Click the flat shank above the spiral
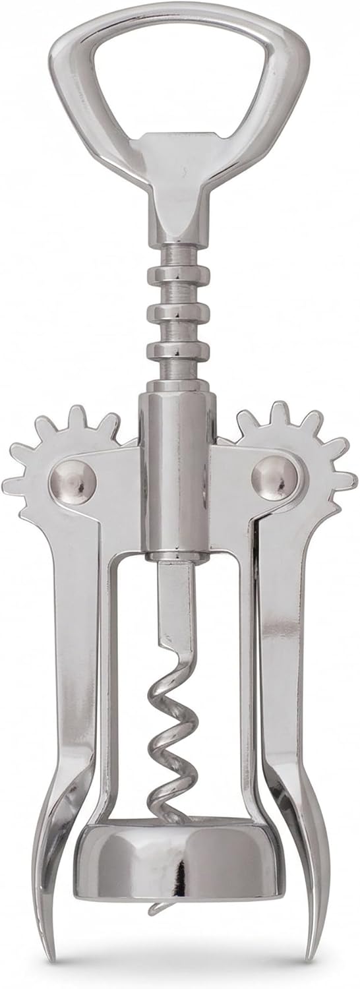pos(174,607)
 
